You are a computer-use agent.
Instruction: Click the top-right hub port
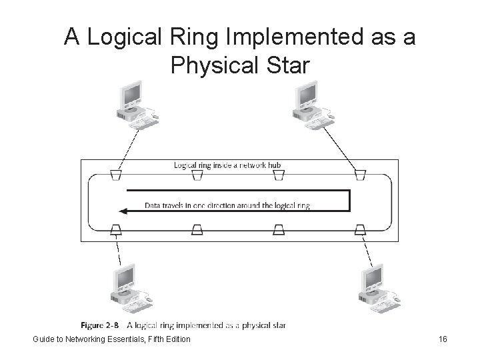click(360, 175)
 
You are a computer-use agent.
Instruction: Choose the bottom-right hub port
click(360, 230)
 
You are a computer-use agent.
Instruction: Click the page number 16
click(443, 339)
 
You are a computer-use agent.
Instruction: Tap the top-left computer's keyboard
click(142, 122)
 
